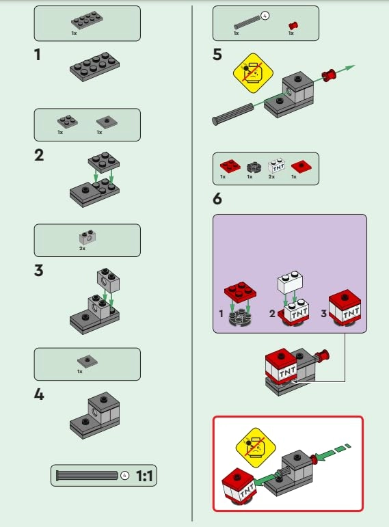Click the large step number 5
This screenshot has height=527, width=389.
point(217,55)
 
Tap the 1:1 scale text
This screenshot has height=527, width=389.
point(145,475)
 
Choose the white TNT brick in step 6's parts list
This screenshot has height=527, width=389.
point(277,166)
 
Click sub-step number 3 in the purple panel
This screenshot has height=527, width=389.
point(323,314)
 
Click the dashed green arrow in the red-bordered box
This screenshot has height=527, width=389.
point(335,452)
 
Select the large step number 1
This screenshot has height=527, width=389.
point(39,55)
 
